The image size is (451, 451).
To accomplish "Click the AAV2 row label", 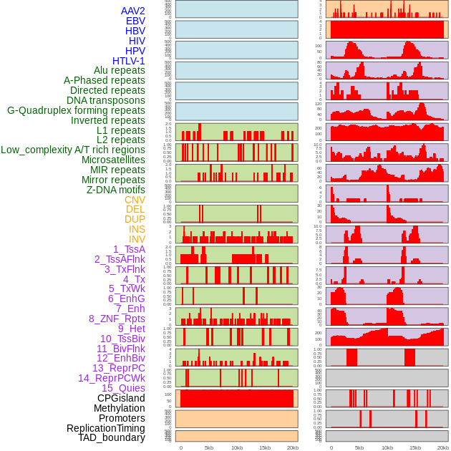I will pos(132,11).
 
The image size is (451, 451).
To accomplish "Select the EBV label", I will pos(135,21).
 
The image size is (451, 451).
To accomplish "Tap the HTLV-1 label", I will pos(128,61).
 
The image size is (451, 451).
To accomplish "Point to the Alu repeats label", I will pos(119,70).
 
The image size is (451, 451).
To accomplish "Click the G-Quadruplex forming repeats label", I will pos(76,110).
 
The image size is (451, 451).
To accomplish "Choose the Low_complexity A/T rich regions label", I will pos(73,150).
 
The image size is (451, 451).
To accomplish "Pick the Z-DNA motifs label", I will pos(115,190).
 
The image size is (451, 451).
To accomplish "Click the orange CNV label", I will pos(135,200).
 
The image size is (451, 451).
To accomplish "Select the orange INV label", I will pos(137,239).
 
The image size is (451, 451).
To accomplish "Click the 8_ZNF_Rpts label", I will pos(117,319).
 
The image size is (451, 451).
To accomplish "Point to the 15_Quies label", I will pos(123,388).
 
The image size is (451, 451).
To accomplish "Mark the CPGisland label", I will pos(121,398).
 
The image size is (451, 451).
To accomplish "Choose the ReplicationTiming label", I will pos(105,428).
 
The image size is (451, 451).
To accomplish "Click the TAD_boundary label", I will pos(111,437).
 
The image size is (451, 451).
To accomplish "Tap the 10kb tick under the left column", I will pos(237,447).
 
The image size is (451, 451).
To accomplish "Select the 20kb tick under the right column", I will pos(443,447).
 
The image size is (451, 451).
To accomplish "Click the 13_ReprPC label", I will pos(118,368).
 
